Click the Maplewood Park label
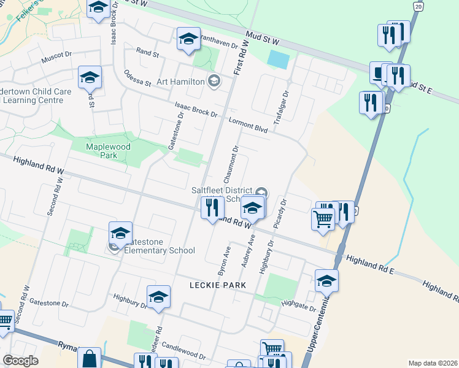[x=101, y=151]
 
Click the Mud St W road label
[x=262, y=38]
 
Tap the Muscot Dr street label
[x=56, y=58]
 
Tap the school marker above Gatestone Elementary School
[x=121, y=232]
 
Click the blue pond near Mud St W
[x=278, y=59]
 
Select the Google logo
[x=20, y=361]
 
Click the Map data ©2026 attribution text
[x=433, y=363]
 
